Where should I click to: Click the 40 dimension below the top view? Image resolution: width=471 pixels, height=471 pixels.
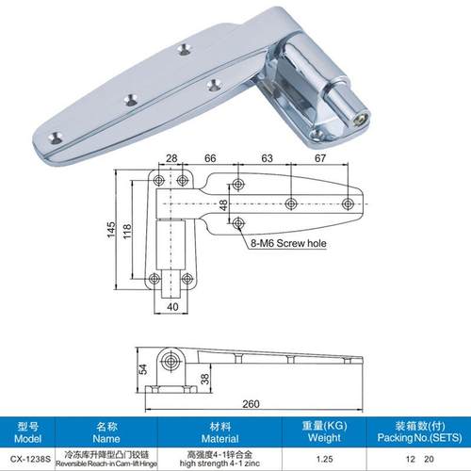173,305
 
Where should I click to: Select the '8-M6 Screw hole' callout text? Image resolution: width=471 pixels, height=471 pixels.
289,242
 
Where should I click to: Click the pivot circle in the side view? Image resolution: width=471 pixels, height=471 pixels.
172,360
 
